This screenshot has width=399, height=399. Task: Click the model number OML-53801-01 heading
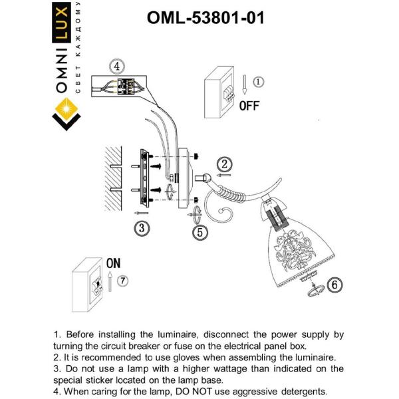point(205,17)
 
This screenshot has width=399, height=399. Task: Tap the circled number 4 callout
point(116,66)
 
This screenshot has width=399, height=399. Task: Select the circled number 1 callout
point(259,82)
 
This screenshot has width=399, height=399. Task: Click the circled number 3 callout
point(140,227)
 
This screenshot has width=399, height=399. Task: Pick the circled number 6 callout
point(336,284)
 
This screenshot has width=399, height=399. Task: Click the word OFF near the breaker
point(249,106)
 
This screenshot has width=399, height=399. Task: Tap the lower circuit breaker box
point(92,286)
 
